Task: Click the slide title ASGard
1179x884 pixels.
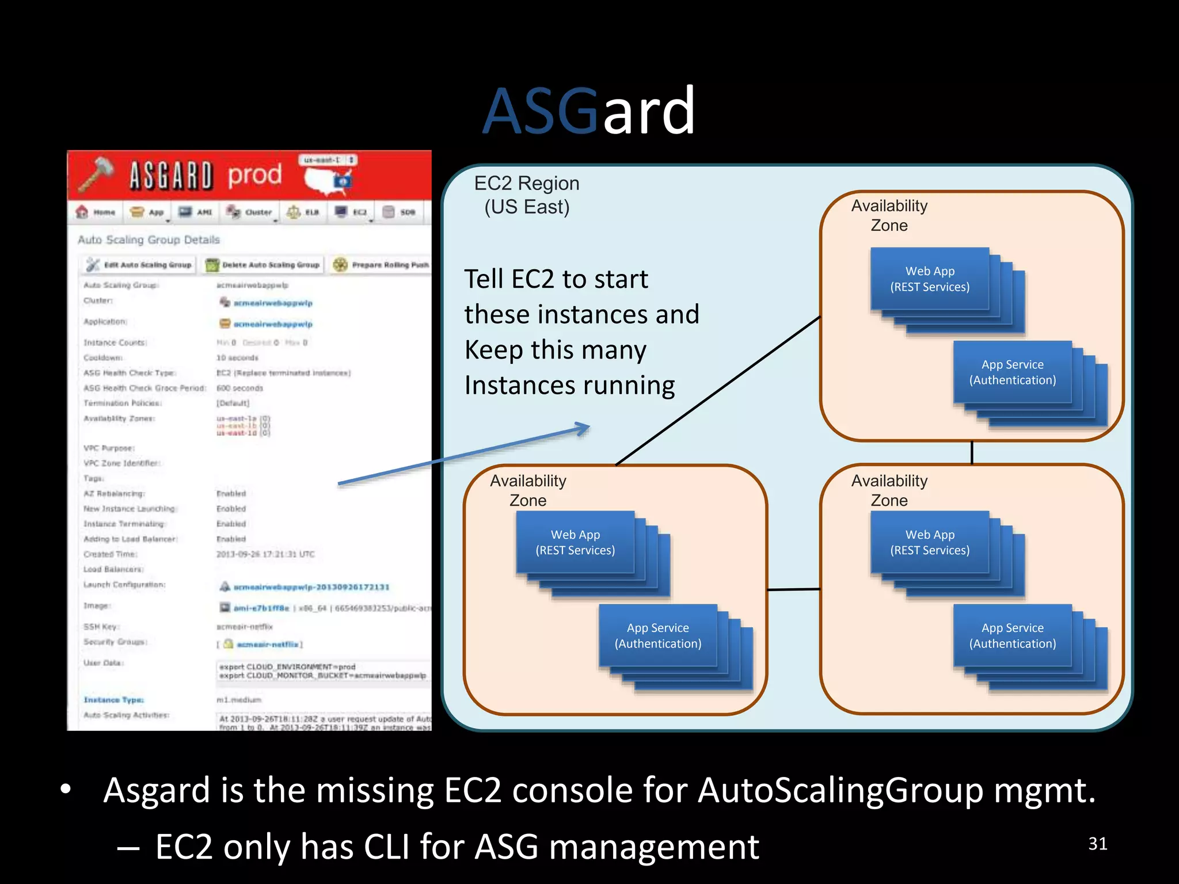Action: point(588,110)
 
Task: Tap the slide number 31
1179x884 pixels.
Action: point(1097,844)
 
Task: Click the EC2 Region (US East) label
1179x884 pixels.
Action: point(526,195)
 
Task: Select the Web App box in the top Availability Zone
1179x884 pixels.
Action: point(929,279)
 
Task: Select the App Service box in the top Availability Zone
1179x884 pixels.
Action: point(1012,372)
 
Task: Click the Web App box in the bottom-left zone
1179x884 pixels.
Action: point(575,543)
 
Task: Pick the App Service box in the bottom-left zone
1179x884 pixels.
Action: point(657,636)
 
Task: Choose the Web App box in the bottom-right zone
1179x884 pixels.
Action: point(929,543)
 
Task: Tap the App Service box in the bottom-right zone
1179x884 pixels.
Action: point(1012,636)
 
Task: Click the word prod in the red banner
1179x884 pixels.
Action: point(254,174)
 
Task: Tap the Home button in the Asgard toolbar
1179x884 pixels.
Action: point(97,212)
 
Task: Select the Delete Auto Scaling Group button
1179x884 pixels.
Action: point(263,265)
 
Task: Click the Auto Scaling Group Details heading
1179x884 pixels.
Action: point(149,240)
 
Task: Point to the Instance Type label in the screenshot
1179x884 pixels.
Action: point(113,700)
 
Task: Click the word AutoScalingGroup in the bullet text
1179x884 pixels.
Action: point(840,790)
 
